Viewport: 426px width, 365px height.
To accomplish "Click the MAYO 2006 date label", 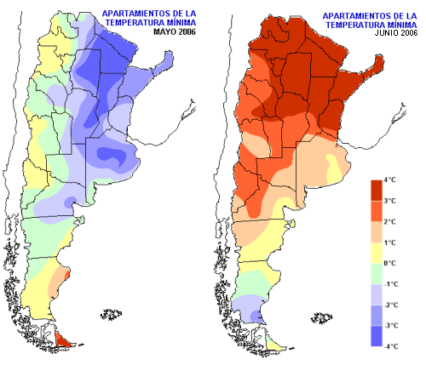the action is [175, 31].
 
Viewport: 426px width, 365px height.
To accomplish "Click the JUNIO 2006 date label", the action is [396, 33].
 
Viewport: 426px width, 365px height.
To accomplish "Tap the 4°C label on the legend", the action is [389, 180].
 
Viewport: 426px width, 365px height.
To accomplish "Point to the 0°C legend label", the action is [389, 264].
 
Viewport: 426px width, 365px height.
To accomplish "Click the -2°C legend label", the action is [391, 305].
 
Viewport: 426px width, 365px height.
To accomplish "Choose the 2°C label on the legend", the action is [389, 222].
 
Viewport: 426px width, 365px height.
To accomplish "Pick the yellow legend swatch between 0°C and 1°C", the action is [377, 253].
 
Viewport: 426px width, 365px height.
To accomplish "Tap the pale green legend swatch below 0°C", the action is [377, 274].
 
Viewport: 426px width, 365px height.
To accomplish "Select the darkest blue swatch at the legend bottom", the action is [377, 336].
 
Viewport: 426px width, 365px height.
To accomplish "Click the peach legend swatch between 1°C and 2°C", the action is [377, 232].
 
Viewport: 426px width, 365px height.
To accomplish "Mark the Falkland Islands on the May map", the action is [112, 315].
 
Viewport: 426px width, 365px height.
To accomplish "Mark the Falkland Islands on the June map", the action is [322, 318].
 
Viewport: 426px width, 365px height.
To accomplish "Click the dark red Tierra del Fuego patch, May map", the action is [63, 339].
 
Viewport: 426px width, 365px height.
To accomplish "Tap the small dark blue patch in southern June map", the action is [256, 315].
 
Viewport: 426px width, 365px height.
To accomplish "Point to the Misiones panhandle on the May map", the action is [164, 60].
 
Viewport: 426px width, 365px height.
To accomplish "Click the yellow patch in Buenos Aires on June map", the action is [334, 168].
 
